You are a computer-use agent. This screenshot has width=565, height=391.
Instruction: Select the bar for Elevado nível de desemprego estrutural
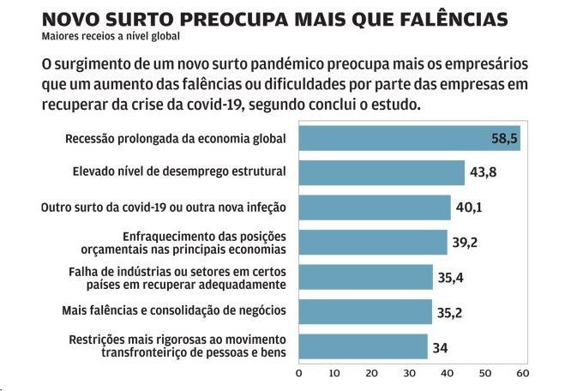pos(381,172)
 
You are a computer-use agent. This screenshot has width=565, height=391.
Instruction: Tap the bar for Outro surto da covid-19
pos(374,208)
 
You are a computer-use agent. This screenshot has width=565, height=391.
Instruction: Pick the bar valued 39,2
pos(372,243)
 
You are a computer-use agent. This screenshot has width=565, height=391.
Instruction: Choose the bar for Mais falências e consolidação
pos(365,310)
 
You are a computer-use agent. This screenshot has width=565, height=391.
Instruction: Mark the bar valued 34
pos(363,346)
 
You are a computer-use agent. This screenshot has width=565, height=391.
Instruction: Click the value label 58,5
pos(502,138)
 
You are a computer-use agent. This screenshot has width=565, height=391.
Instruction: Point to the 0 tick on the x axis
pos(298,373)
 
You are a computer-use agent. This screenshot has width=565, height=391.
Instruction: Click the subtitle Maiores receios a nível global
pos(111,36)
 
